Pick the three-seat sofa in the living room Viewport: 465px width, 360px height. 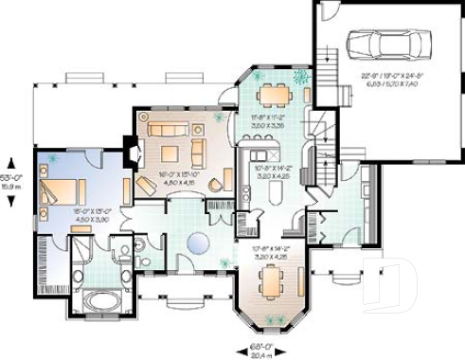tap(169, 129)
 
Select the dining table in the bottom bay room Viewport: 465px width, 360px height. tap(272, 279)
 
